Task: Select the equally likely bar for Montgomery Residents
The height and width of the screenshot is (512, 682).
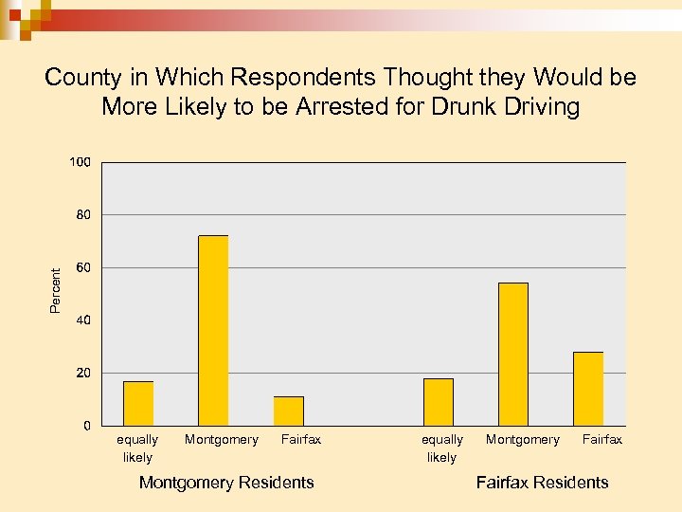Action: (138, 403)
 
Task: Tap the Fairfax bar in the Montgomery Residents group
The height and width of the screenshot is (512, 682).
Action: (288, 411)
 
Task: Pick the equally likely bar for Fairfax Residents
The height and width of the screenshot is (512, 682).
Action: (439, 402)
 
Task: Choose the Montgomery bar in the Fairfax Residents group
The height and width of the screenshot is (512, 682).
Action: (513, 354)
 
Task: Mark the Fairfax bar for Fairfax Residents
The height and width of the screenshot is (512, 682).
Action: (588, 389)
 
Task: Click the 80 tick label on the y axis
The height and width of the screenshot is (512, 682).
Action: (83, 215)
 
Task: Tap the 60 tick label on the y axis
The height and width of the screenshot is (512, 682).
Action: (83, 268)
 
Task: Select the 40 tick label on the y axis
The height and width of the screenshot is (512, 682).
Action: (83, 320)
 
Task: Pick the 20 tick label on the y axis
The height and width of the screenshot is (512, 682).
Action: (83, 373)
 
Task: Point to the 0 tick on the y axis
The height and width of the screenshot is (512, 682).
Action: (87, 426)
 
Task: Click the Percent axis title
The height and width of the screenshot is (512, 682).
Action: (55, 290)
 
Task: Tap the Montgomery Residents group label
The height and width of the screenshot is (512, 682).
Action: (226, 483)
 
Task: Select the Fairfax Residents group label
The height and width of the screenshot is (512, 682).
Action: (542, 483)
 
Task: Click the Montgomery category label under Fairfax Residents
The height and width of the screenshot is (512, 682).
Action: (523, 439)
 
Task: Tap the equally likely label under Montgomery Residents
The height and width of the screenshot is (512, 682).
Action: (137, 448)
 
